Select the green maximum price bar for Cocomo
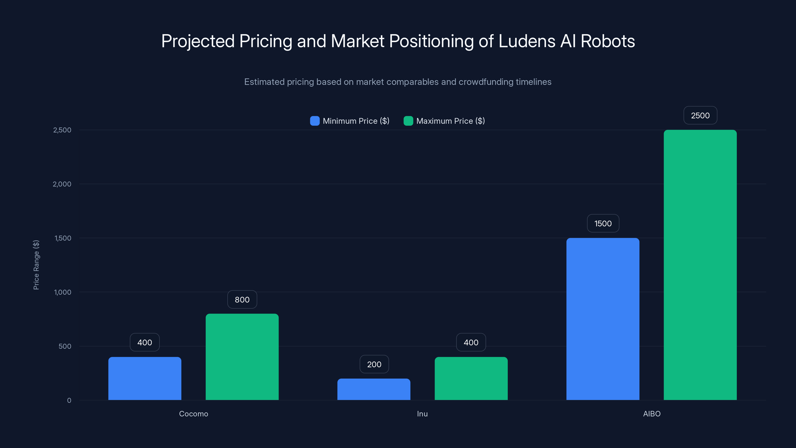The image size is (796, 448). point(242,357)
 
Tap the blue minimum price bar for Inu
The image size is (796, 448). point(374,389)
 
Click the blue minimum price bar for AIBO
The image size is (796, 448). point(602,319)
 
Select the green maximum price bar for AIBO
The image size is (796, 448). point(700,265)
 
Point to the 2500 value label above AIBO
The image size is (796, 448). point(700,115)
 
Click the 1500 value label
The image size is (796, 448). point(602,223)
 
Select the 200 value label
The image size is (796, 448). point(374,364)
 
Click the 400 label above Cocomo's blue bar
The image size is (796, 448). point(145,342)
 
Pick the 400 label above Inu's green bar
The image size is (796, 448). point(471,342)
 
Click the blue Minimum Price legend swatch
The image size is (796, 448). point(315,121)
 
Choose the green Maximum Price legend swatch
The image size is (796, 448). point(408,121)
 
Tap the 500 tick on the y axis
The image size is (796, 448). point(65,346)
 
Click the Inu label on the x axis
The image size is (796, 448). point(422,414)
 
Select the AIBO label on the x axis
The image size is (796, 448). point(652,414)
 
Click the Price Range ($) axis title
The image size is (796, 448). point(36,265)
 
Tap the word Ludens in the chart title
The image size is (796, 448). point(527,41)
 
